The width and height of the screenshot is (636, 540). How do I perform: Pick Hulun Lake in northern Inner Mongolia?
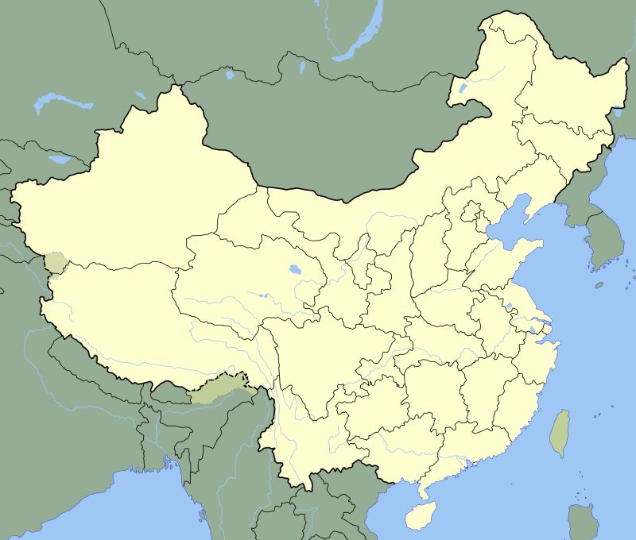click(x=462, y=88)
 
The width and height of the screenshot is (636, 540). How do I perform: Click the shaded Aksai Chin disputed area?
click(x=55, y=262)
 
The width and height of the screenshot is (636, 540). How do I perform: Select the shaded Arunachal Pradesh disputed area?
click(x=219, y=388)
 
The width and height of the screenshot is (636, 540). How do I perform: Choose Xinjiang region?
click(x=135, y=191)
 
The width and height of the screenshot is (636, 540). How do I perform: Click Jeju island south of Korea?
click(x=599, y=284)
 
